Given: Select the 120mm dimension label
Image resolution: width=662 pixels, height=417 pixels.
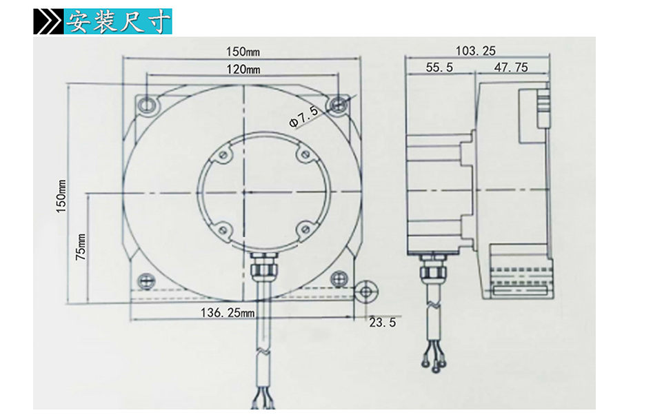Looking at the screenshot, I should [x=243, y=69].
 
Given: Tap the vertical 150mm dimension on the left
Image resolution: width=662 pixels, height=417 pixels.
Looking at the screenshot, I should [x=61, y=196].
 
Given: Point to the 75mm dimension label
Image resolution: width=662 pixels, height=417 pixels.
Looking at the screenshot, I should [x=81, y=247].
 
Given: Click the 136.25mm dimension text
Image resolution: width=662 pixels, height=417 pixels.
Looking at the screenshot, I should [x=228, y=312].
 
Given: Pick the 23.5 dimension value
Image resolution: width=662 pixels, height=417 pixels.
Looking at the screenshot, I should [x=382, y=322].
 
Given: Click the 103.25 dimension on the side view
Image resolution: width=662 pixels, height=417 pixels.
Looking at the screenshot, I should [x=475, y=50].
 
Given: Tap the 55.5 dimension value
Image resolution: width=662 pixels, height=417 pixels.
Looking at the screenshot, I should [x=439, y=68].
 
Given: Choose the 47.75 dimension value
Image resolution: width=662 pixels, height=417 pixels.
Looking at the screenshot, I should [x=511, y=68].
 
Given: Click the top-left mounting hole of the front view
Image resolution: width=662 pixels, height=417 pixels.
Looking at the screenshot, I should [x=147, y=104].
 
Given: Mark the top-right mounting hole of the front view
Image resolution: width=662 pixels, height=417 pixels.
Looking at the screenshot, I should [x=338, y=104].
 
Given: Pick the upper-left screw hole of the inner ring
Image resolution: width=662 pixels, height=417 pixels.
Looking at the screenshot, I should [x=223, y=156].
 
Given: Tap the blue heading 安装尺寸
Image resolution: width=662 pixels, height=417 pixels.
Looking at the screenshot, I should [x=117, y=22].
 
